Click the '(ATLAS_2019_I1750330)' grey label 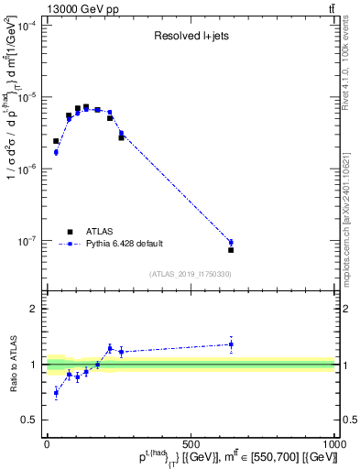click(191, 274)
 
